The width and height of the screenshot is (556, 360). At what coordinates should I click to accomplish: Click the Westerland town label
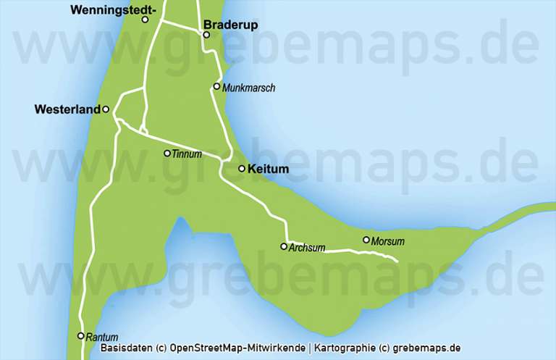(x=67, y=110)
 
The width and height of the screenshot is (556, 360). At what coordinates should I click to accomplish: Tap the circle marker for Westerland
(x=106, y=109)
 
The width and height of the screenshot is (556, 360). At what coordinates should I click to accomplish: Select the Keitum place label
(x=268, y=169)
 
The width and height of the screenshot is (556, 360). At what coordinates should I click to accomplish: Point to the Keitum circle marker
(x=242, y=169)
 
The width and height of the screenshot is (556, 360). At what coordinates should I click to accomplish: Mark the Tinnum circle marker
(x=167, y=153)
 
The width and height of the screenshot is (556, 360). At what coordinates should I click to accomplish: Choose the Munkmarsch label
(x=249, y=88)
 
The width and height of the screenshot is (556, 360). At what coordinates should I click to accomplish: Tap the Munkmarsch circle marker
(x=216, y=87)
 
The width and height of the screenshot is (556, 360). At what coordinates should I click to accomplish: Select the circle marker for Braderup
(x=206, y=35)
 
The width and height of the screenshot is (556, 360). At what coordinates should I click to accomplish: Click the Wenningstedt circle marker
(x=145, y=20)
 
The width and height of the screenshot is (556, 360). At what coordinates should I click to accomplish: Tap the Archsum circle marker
(x=284, y=246)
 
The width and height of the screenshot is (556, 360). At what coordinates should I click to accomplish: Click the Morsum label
(x=387, y=241)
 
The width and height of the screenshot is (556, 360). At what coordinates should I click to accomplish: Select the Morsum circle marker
(x=366, y=240)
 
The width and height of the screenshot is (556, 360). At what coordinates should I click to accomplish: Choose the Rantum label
(x=101, y=338)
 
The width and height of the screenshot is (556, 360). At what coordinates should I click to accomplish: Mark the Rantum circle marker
(x=81, y=336)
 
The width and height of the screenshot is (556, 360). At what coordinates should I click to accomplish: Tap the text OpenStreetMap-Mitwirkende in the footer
(x=238, y=348)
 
